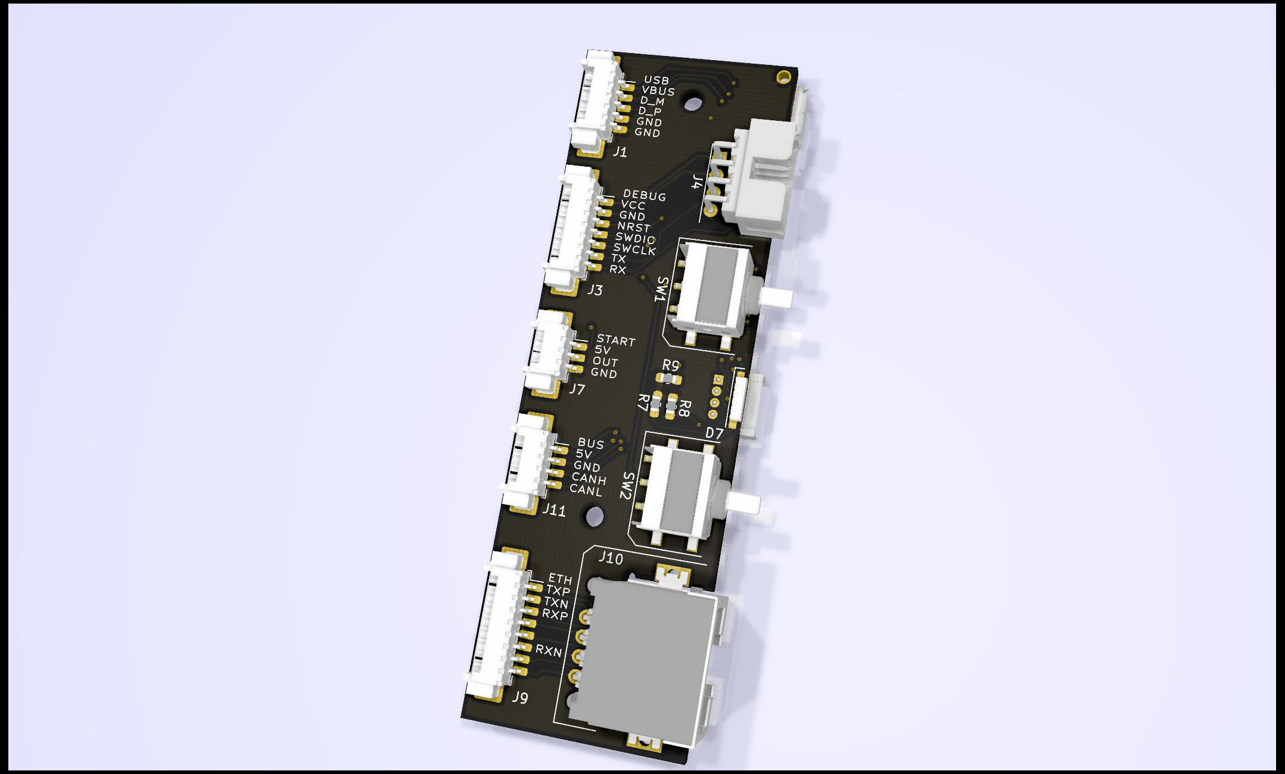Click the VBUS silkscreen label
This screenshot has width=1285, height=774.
pyautogui.click(x=658, y=91)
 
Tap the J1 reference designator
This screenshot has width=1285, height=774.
pyautogui.click(x=620, y=152)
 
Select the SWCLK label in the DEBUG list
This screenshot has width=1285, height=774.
pyautogui.click(x=634, y=249)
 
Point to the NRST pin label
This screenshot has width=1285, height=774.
pyautogui.click(x=633, y=227)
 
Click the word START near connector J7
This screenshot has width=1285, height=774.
pyautogui.click(x=616, y=340)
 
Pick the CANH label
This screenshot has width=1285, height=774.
pyautogui.click(x=589, y=478)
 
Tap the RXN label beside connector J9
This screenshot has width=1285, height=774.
pyautogui.click(x=548, y=650)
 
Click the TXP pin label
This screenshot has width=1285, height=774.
pyautogui.click(x=558, y=591)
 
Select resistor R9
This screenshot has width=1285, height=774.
pyautogui.click(x=668, y=378)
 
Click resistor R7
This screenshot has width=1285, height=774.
pyautogui.click(x=655, y=405)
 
